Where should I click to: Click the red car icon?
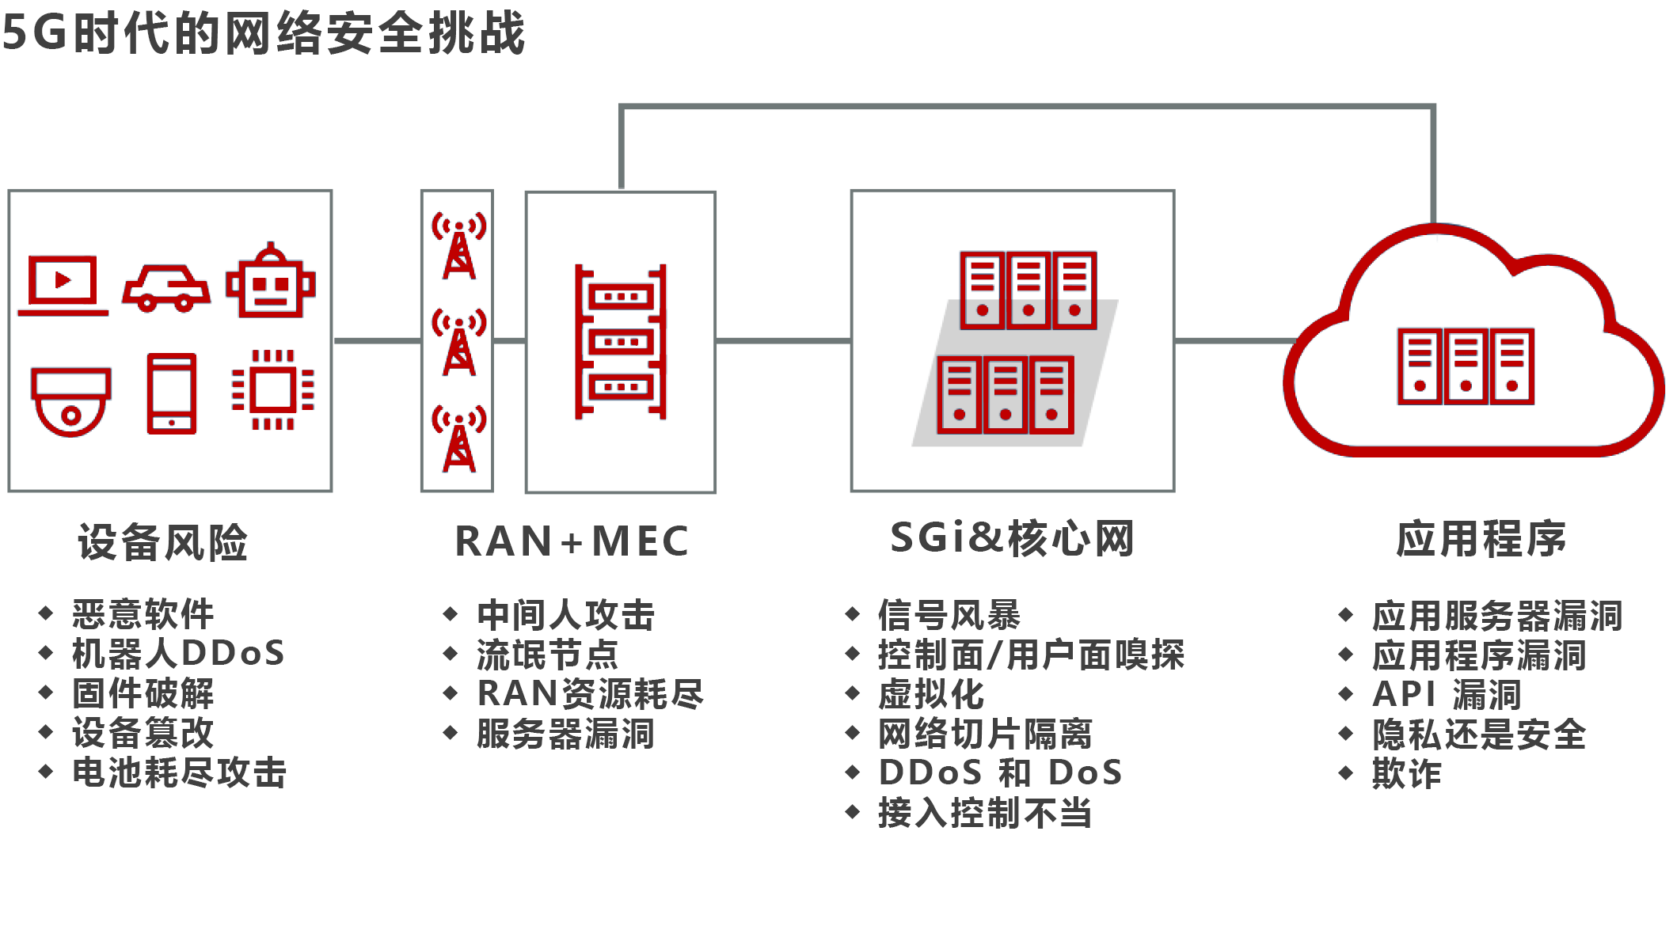(166, 287)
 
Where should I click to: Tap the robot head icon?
(271, 282)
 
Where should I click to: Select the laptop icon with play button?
(63, 285)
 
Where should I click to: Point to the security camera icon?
(70, 400)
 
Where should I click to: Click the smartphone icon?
(172, 393)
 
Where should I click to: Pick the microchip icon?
(273, 389)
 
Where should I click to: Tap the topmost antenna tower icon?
(458, 245)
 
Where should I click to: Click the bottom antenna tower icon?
(458, 438)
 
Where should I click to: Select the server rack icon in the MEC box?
(621, 342)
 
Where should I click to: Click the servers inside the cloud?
(1466, 366)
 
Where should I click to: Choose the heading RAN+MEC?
(572, 542)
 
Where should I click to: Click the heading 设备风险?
(163, 543)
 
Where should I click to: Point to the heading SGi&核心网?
(1013, 538)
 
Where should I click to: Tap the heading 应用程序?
(1481, 540)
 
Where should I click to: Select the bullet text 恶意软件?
(143, 614)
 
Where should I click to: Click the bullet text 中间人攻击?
(566, 615)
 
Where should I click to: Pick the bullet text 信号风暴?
(949, 615)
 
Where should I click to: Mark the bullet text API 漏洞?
(1447, 695)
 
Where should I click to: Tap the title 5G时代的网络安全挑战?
(264, 33)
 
